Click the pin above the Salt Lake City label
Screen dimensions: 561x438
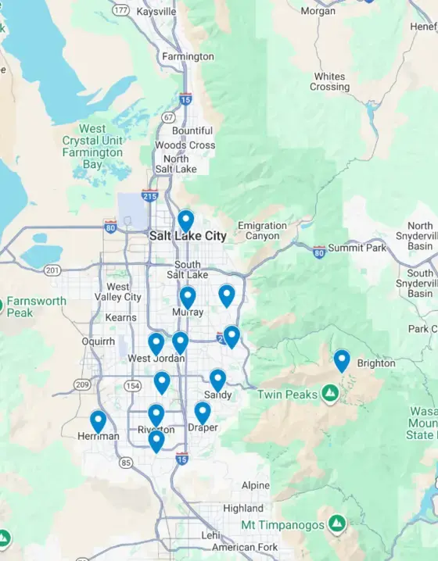click(x=185, y=221)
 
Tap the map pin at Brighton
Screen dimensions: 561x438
click(x=342, y=360)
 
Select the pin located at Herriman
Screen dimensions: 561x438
click(x=98, y=421)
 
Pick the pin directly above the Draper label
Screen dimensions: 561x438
click(x=203, y=413)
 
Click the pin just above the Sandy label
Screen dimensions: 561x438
click(x=217, y=380)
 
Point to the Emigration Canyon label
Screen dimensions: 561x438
click(x=262, y=230)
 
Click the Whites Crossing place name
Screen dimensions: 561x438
click(x=329, y=82)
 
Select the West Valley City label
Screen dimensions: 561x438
click(x=118, y=292)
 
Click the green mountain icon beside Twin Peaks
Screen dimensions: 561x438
click(x=331, y=392)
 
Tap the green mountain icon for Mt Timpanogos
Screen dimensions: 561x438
click(x=336, y=523)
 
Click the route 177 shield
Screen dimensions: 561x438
click(x=120, y=10)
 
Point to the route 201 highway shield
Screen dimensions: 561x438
click(x=52, y=270)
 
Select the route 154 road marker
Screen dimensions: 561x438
click(x=132, y=386)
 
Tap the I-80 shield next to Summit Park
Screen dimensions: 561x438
click(x=318, y=252)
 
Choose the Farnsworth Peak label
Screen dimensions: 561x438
click(x=36, y=306)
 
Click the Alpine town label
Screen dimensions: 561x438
click(x=256, y=485)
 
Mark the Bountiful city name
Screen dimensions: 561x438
click(x=192, y=130)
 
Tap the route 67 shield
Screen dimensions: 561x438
click(x=168, y=117)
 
